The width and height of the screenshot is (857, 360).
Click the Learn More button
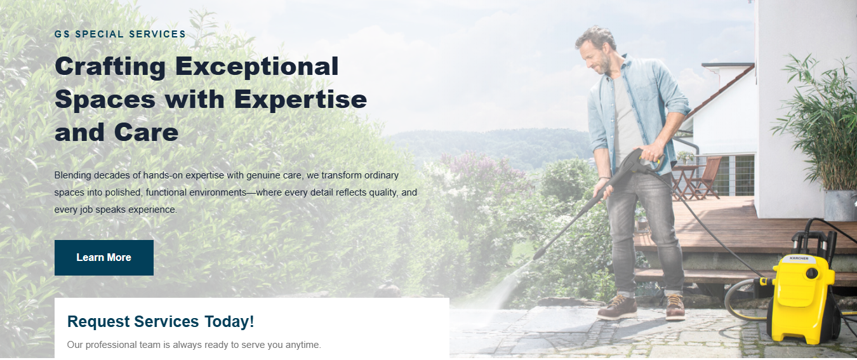coord(103,258)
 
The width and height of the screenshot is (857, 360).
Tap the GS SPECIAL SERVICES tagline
coord(120,34)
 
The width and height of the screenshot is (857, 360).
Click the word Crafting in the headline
coord(110,67)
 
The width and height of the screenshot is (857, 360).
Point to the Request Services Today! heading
coord(161,322)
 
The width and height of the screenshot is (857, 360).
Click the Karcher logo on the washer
coord(799,259)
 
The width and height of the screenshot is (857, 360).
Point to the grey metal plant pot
coord(839,204)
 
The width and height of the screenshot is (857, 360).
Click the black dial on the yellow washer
coord(811,274)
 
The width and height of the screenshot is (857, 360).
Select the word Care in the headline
coord(147,133)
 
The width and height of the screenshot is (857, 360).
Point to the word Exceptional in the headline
coord(256,67)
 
